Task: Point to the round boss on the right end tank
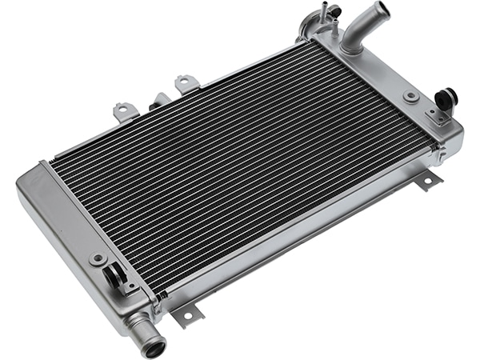pyautogui.click(x=411, y=96)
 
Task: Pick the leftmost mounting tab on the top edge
pyautogui.click(x=124, y=110)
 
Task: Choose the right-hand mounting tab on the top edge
pyautogui.click(x=186, y=82)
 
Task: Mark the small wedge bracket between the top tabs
pyautogui.click(x=160, y=99)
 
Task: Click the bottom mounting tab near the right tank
pyautogui.click(x=428, y=181)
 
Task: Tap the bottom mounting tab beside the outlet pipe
pyautogui.click(x=187, y=316)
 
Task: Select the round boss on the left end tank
pyautogui.click(x=98, y=259)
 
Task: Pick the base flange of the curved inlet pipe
pyautogui.click(x=352, y=46)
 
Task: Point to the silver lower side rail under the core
pyautogui.click(x=304, y=232)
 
